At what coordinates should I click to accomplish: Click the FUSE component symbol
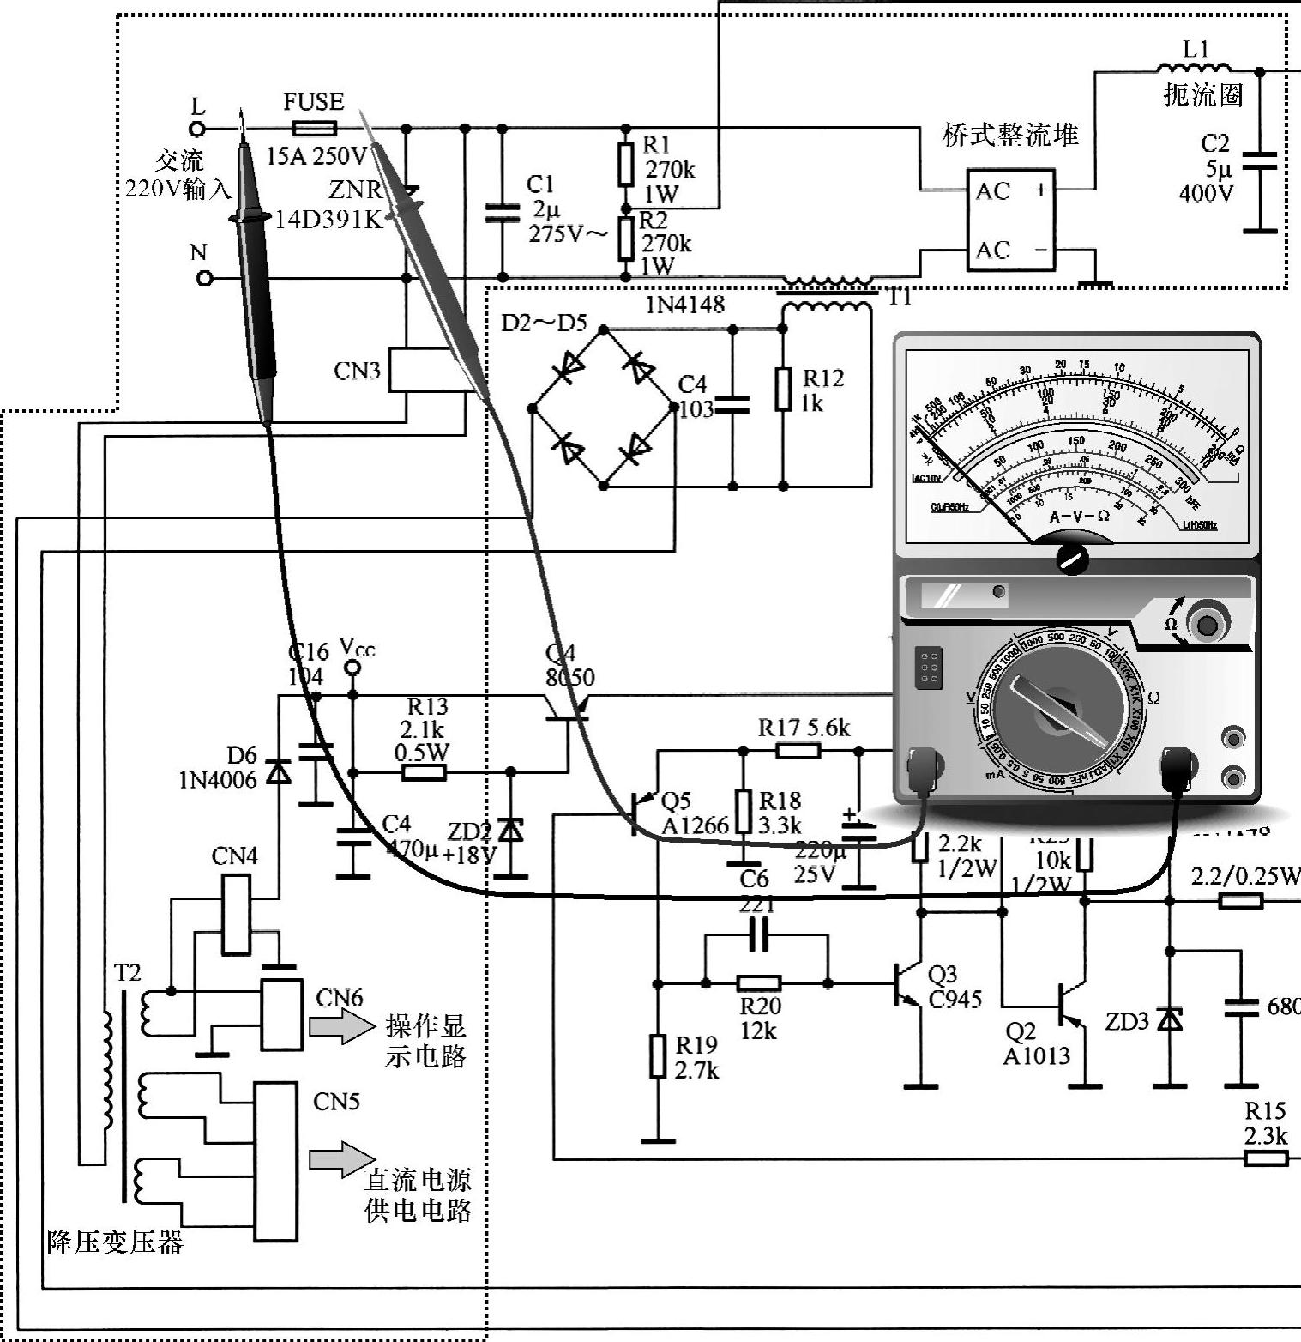pyautogui.click(x=314, y=130)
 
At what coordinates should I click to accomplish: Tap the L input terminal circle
pyautogui.click(x=197, y=130)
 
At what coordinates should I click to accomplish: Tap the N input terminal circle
pyautogui.click(x=204, y=278)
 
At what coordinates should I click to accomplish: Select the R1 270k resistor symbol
pyautogui.click(x=627, y=166)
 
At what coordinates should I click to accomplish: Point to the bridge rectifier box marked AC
pyautogui.click(x=1011, y=221)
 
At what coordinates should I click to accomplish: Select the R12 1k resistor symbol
pyautogui.click(x=783, y=389)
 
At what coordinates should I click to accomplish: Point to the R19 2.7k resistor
pyautogui.click(x=658, y=1055)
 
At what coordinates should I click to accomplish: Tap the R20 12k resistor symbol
pyautogui.click(x=759, y=983)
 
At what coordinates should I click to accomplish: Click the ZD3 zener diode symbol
pyautogui.click(x=1169, y=1019)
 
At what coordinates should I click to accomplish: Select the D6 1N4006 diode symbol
pyautogui.click(x=278, y=772)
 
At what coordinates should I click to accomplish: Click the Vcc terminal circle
pyautogui.click(x=352, y=668)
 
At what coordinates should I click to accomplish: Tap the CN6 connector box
pyautogui.click(x=281, y=1015)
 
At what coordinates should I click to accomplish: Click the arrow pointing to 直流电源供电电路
pyautogui.click(x=341, y=1160)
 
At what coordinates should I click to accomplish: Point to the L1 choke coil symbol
pyautogui.click(x=1193, y=70)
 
